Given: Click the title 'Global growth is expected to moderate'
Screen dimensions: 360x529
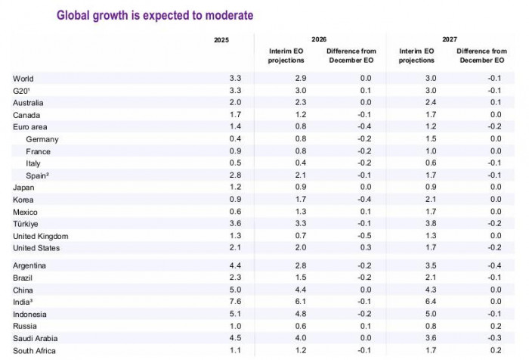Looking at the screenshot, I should point(155,15).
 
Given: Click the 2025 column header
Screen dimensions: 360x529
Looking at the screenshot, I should point(221,39).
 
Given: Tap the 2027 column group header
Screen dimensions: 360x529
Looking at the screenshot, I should point(449,39).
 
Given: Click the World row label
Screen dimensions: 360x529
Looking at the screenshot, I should point(23,79).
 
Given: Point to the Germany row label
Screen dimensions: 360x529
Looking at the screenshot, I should point(42,139).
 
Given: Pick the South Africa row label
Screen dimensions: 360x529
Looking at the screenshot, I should point(34,350).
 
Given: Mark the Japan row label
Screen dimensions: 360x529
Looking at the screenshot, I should point(23,188).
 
